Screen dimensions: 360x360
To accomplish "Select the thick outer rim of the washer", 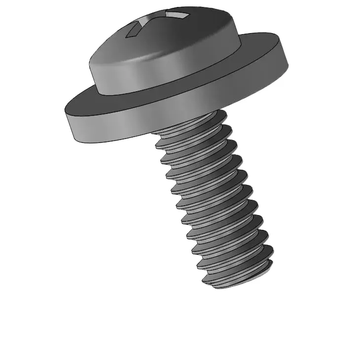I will pos(173,113).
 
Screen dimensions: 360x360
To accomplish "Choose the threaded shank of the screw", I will pos(212,197).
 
